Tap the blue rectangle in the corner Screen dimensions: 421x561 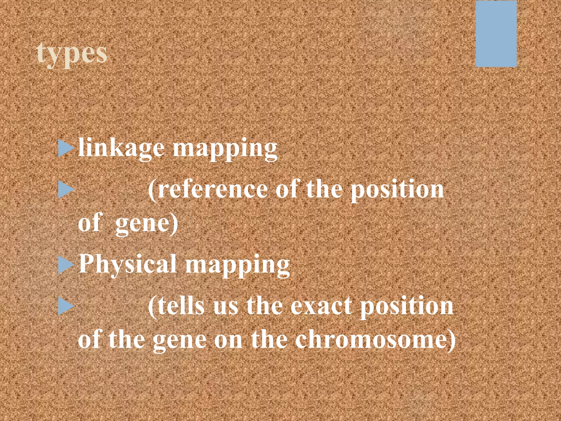[496, 34]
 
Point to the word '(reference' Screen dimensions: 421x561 [208, 190]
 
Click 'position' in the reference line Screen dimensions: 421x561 [397, 190]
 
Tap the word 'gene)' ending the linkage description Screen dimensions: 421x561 [147, 223]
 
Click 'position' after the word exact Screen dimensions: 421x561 [407, 306]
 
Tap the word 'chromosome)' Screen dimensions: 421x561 [375, 340]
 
